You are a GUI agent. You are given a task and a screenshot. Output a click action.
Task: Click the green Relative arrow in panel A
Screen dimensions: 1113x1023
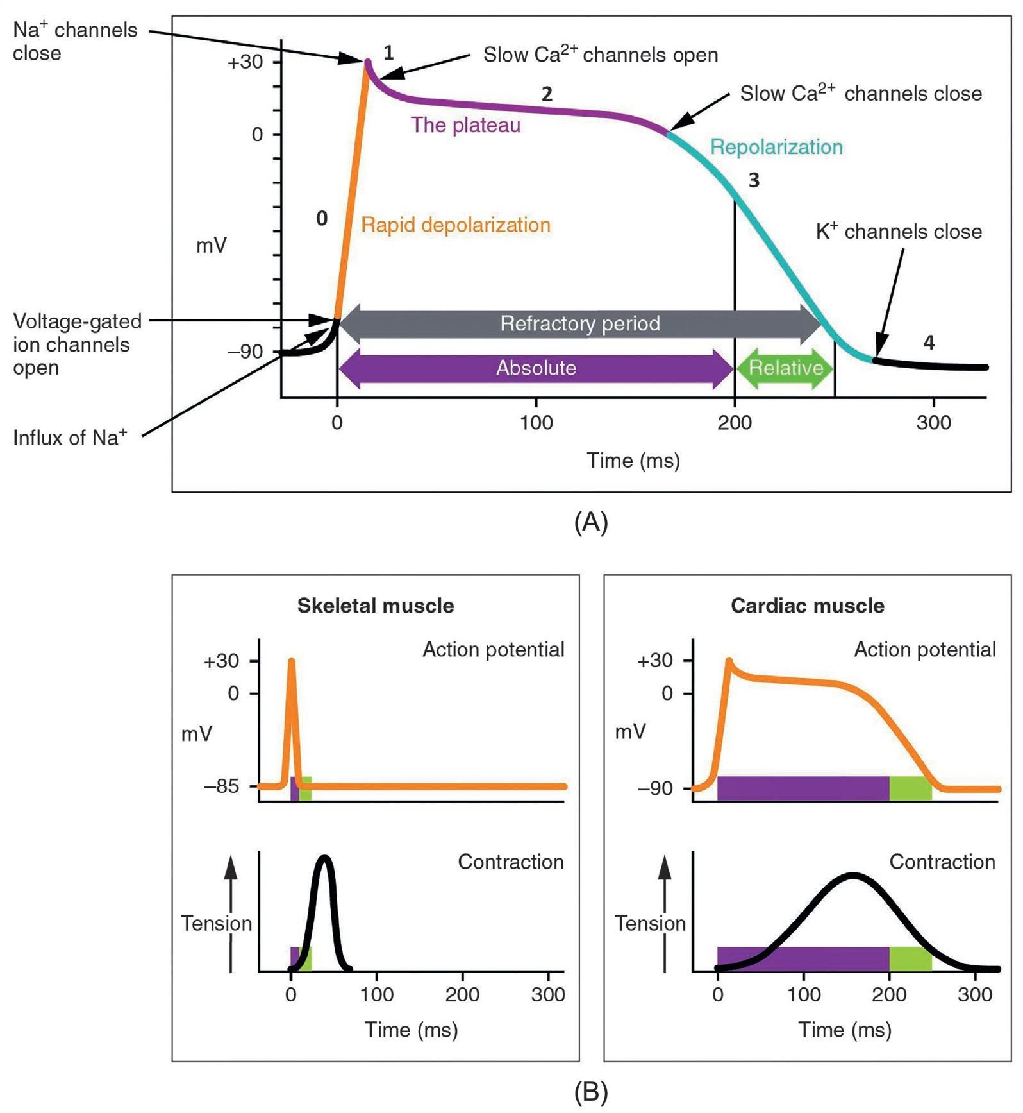pyautogui.click(x=785, y=368)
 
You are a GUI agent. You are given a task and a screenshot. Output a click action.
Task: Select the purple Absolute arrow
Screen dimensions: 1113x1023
pyautogui.click(x=536, y=368)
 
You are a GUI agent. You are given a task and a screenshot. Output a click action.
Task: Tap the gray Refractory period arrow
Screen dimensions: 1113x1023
pyautogui.click(x=579, y=323)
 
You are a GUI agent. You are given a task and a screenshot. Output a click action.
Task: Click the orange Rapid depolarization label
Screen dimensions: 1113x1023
pyautogui.click(x=456, y=225)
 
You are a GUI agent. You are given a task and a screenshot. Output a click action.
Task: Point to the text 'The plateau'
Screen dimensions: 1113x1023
pyautogui.click(x=465, y=125)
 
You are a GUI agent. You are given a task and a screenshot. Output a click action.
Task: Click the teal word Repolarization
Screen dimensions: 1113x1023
pyautogui.click(x=776, y=147)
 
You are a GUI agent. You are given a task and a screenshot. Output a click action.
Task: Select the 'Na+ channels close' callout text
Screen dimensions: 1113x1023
pyautogui.click(x=74, y=42)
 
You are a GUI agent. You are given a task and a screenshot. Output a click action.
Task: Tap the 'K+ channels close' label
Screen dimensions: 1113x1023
pyautogui.click(x=899, y=232)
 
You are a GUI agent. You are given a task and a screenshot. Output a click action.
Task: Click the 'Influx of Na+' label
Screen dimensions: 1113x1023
pyautogui.click(x=70, y=438)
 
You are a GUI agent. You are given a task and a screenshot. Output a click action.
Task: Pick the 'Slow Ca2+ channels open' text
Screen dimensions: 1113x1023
pyautogui.click(x=601, y=55)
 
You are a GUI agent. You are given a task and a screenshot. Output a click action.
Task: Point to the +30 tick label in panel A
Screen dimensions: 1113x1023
pyautogui.click(x=245, y=62)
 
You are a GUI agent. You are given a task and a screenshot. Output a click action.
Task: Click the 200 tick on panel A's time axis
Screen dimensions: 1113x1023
pyautogui.click(x=735, y=422)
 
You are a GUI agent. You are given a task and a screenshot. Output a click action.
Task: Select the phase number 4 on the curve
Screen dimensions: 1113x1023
pyautogui.click(x=929, y=343)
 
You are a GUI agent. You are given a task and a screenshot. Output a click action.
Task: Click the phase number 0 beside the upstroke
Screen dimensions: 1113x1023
pyautogui.click(x=322, y=219)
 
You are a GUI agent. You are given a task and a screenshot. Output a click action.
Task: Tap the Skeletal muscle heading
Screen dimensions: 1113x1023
pyautogui.click(x=376, y=606)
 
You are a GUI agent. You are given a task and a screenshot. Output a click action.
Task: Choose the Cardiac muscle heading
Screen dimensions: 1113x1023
pyautogui.click(x=808, y=606)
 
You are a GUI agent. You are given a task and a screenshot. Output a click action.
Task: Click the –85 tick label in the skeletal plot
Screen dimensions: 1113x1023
pyautogui.click(x=222, y=786)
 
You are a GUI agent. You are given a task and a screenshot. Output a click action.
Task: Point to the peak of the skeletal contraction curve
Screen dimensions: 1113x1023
pyautogui.click(x=325, y=858)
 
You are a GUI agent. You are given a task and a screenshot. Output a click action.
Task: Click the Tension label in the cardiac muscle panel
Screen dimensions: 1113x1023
pyautogui.click(x=650, y=923)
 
